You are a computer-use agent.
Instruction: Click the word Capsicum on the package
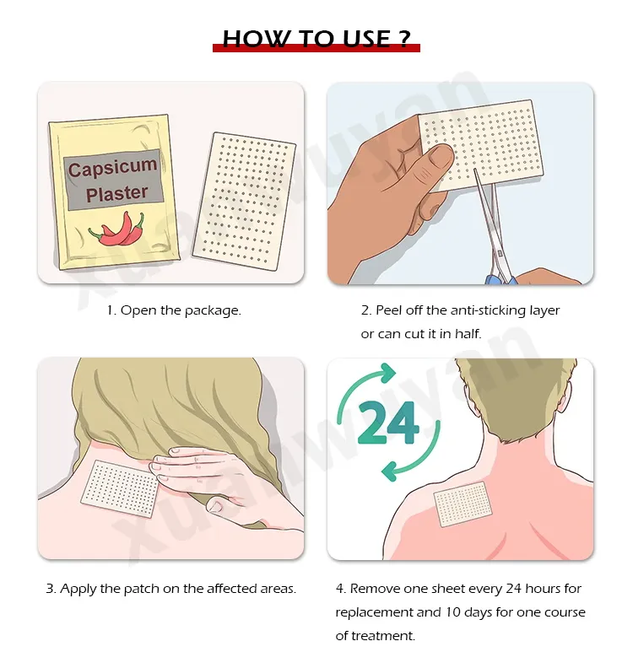pyautogui.click(x=112, y=168)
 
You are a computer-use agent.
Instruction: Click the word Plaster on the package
pyautogui.click(x=116, y=194)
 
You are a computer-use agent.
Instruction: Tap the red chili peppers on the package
pyautogui.click(x=118, y=229)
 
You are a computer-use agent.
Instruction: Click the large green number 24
pyautogui.click(x=388, y=424)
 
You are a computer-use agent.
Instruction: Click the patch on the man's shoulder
pyautogui.click(x=461, y=504)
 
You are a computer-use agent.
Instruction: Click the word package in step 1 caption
pyautogui.click(x=214, y=310)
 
